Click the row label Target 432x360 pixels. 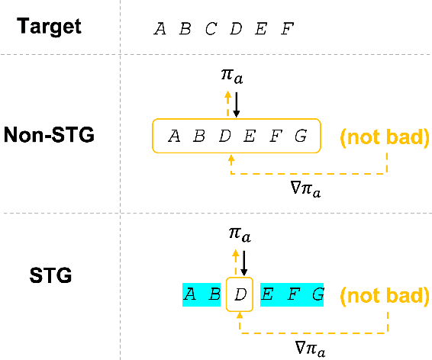tap(50, 27)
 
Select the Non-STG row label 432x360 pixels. tap(49, 136)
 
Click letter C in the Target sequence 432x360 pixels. tap(210, 30)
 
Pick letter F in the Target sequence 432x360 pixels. tap(287, 30)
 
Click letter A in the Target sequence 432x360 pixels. tap(160, 30)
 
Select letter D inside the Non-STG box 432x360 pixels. tap(224, 137)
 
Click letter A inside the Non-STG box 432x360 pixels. tap(174, 137)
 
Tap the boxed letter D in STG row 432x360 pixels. tap(240, 294)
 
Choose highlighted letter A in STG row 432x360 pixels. tap(190, 294)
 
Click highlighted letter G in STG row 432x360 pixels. tap(317, 294)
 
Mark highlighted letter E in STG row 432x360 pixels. tap(267, 294)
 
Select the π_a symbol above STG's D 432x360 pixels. tap(240, 234)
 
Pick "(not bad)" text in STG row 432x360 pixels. tap(384, 294)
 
